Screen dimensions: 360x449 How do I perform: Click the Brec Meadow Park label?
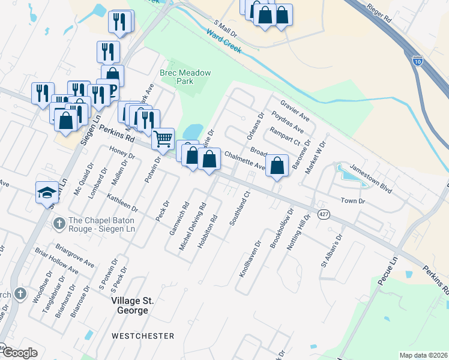click(x=185, y=78)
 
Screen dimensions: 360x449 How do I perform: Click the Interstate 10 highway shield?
click(x=418, y=60)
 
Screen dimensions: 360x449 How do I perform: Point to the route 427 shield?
click(x=324, y=215)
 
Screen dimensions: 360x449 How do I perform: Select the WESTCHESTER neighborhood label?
click(x=142, y=336)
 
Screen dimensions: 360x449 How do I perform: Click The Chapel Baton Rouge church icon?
click(x=59, y=224)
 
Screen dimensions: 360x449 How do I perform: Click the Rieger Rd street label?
click(x=379, y=17)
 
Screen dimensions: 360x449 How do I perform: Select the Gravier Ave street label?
click(x=291, y=109)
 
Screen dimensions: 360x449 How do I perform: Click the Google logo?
click(x=20, y=353)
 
